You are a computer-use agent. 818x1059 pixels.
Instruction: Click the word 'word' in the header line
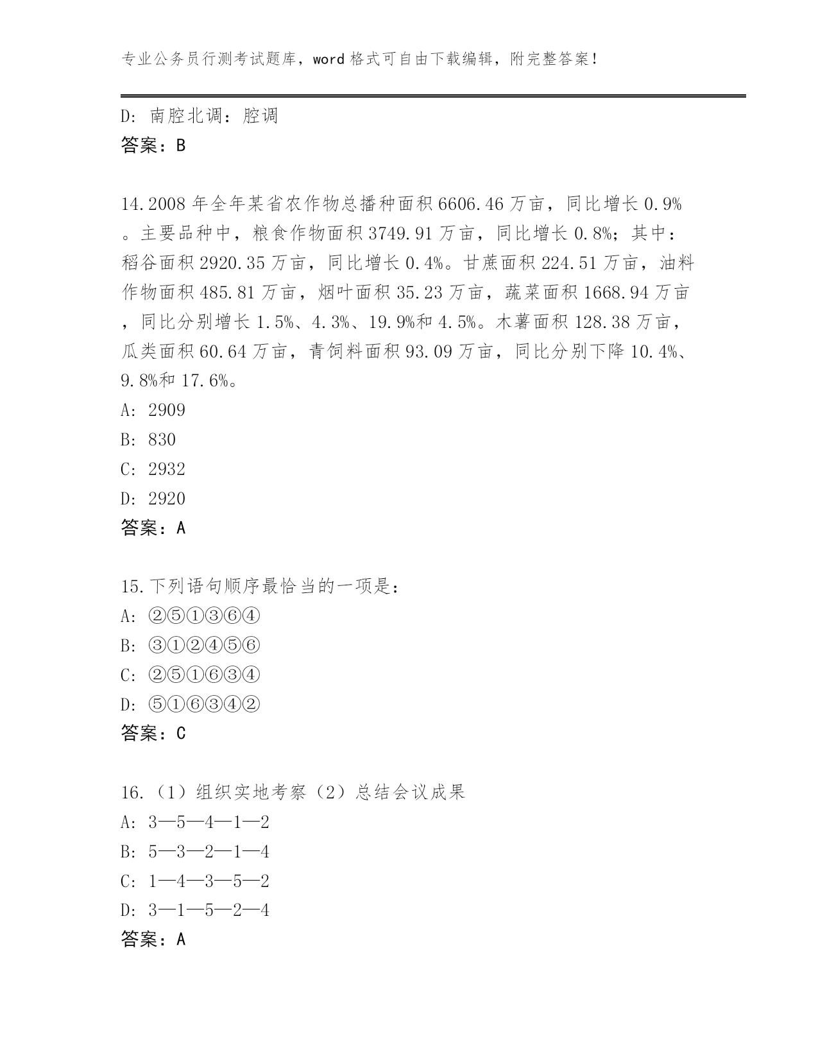[x=329, y=60]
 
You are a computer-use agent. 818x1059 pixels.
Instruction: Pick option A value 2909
[x=167, y=411]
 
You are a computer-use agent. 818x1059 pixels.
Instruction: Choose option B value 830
[x=162, y=440]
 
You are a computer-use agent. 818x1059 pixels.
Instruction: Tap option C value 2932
[x=167, y=470]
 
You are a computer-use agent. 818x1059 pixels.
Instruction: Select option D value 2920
[x=167, y=499]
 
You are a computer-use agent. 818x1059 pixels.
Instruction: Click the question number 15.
[x=130, y=587]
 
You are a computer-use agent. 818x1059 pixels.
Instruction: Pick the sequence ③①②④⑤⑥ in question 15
[x=204, y=646]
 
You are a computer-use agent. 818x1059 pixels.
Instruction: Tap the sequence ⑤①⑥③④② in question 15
[x=204, y=705]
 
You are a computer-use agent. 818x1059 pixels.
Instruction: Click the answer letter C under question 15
[x=181, y=734]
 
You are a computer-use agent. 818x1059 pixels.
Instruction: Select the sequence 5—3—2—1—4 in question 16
[x=209, y=852]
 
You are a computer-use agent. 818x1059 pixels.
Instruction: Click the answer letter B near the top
[x=181, y=146]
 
